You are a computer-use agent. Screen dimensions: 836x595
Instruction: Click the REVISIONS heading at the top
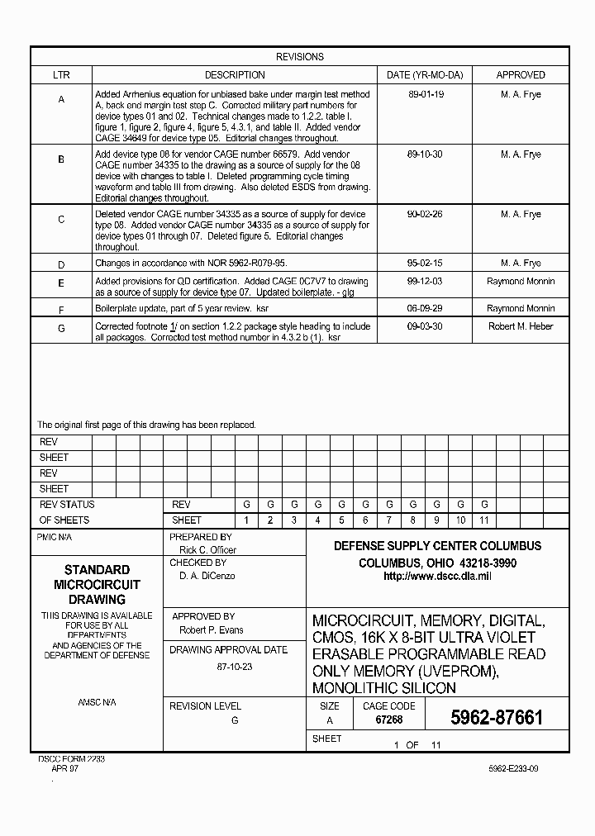point(299,57)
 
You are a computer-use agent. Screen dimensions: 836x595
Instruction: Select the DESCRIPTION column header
point(235,75)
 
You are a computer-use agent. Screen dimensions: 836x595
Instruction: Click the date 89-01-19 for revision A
point(426,94)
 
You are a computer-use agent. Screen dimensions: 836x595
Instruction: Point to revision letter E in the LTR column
point(61,283)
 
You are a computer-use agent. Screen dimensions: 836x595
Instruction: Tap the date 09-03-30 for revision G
point(426,326)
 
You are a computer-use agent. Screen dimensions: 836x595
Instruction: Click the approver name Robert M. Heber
point(521,326)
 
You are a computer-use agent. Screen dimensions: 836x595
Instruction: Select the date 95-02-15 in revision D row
point(426,264)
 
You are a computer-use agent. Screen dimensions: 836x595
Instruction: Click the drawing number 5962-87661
point(497,718)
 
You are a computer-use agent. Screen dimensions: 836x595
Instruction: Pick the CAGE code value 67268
point(388,720)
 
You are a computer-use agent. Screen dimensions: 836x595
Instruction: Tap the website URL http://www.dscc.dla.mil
point(437,577)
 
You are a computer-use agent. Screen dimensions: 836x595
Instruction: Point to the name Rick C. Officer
point(207,549)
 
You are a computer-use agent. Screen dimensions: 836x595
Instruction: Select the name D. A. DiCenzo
point(207,576)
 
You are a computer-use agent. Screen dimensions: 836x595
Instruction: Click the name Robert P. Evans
point(211,630)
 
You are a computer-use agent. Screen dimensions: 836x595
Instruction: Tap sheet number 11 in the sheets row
point(484,520)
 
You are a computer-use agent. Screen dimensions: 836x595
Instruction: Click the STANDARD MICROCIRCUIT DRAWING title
point(97,584)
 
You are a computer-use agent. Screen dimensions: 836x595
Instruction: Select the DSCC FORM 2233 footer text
point(72,758)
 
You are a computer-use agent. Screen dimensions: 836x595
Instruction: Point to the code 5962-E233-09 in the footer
point(513,768)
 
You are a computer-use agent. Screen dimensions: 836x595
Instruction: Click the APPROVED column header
point(521,75)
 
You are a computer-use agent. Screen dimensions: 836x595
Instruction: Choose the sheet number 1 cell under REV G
point(245,520)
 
